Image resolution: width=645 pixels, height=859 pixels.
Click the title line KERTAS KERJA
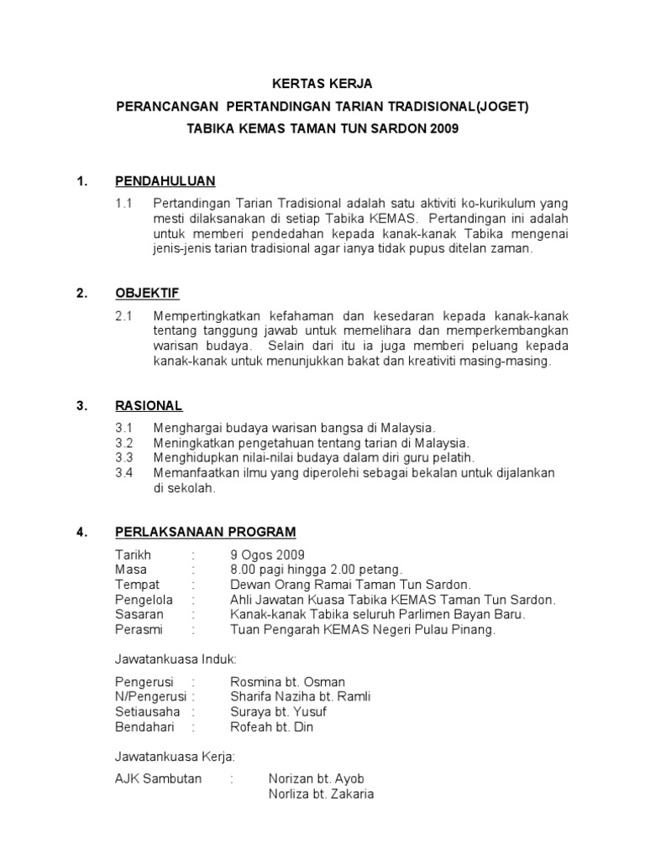[323, 84]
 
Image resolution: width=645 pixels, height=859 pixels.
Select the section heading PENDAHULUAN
[165, 181]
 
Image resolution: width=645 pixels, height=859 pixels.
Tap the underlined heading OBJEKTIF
[147, 294]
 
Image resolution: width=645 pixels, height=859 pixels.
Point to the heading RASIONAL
[149, 406]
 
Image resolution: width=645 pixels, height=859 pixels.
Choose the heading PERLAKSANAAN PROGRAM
[205, 532]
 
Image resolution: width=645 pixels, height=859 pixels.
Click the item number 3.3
[124, 458]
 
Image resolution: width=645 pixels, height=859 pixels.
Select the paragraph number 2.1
[124, 316]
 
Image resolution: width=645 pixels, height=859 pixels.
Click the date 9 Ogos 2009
[268, 554]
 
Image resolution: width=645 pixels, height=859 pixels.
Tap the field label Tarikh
[133, 554]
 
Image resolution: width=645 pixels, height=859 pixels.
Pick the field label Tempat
[137, 585]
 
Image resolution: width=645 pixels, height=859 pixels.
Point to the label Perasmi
[139, 630]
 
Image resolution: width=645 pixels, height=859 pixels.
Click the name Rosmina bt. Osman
[287, 682]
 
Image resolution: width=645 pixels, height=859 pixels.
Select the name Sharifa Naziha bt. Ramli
[300, 697]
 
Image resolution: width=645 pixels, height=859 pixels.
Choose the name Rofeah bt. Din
[271, 727]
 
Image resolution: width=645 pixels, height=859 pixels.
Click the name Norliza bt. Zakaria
[321, 794]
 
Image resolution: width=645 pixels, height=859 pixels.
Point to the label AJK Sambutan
[159, 779]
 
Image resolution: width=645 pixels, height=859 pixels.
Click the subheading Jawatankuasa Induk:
[176, 660]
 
